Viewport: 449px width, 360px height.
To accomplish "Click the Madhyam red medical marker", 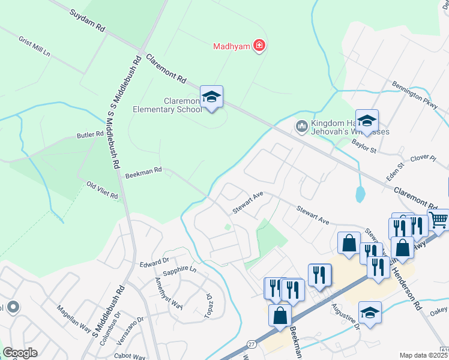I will pyautogui.click(x=259, y=46).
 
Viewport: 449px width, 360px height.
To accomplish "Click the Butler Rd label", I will pyautogui.click(x=90, y=136).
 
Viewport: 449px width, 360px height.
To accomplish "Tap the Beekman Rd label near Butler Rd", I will pyautogui.click(x=143, y=173).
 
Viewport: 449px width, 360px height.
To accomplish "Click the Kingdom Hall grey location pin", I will pyautogui.click(x=301, y=126).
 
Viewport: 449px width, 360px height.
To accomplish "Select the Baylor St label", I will pyautogui.click(x=363, y=146).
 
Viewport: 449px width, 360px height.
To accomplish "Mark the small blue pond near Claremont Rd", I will pyautogui.click(x=360, y=194).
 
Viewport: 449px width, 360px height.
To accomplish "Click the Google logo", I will pyautogui.click(x=20, y=353).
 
